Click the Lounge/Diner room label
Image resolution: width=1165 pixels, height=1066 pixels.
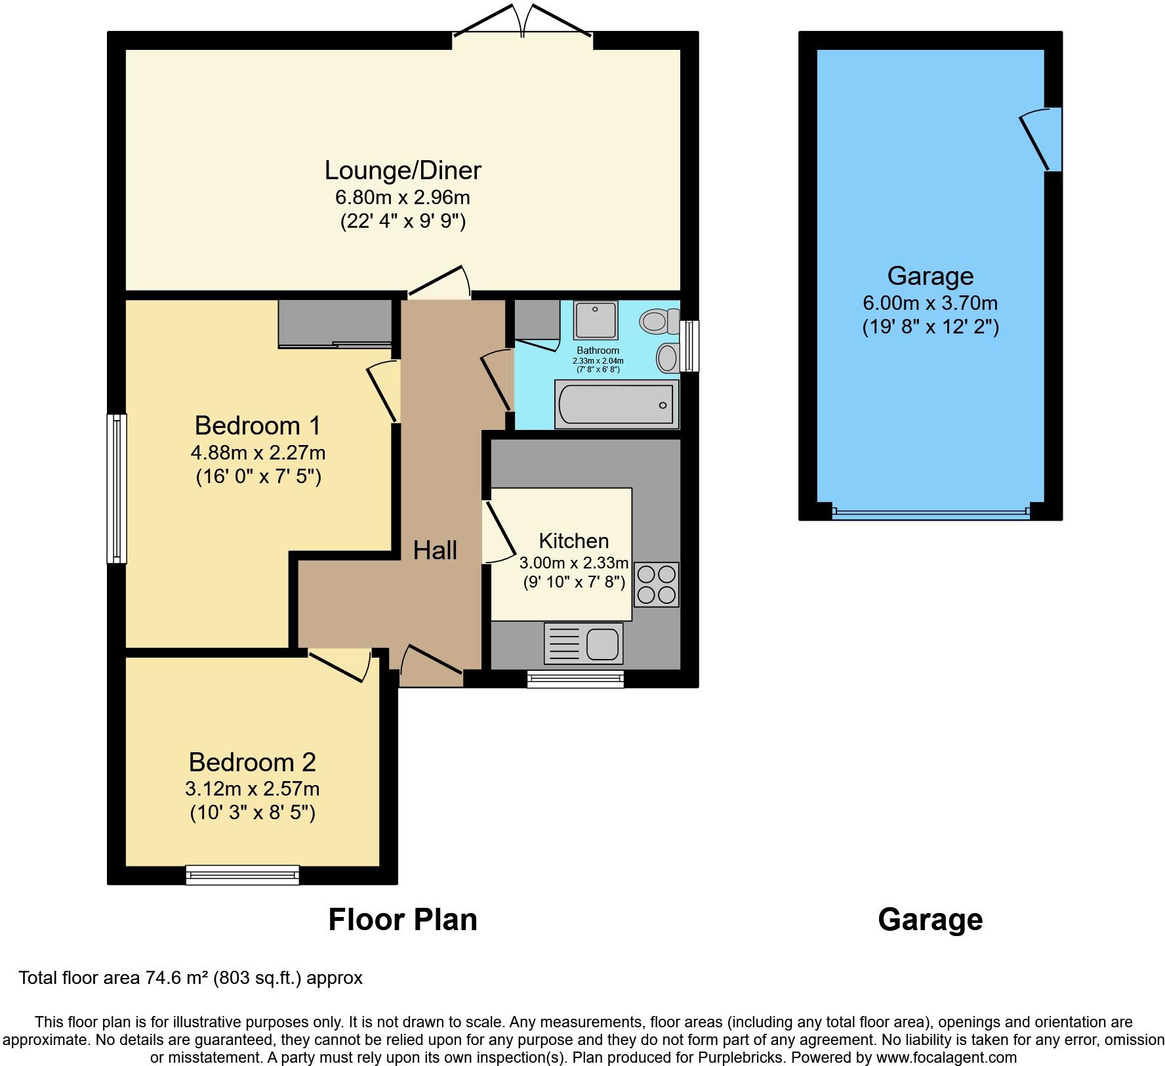coord(403,170)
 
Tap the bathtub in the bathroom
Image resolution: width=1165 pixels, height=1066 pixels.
coord(616,404)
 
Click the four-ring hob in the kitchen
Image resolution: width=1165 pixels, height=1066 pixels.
coord(656,584)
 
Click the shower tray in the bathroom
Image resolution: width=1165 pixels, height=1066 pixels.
coord(596,320)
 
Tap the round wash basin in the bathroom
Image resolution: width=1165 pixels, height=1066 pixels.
coord(668,358)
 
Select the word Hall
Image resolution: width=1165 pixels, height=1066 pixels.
coord(435,550)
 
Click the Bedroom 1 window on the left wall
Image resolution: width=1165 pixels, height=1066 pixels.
coord(117,488)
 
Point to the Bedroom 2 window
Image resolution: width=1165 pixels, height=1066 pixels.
coord(242,874)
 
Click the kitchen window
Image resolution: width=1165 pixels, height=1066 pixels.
coord(575,679)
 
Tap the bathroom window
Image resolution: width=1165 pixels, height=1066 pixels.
coord(689,346)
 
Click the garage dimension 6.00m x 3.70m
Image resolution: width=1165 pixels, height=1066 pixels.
coord(930,303)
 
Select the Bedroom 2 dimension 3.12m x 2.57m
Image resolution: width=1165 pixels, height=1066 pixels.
coord(253,788)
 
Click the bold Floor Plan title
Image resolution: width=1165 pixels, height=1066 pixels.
coord(402,920)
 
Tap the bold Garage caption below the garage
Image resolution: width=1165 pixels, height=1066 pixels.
coord(930,920)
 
